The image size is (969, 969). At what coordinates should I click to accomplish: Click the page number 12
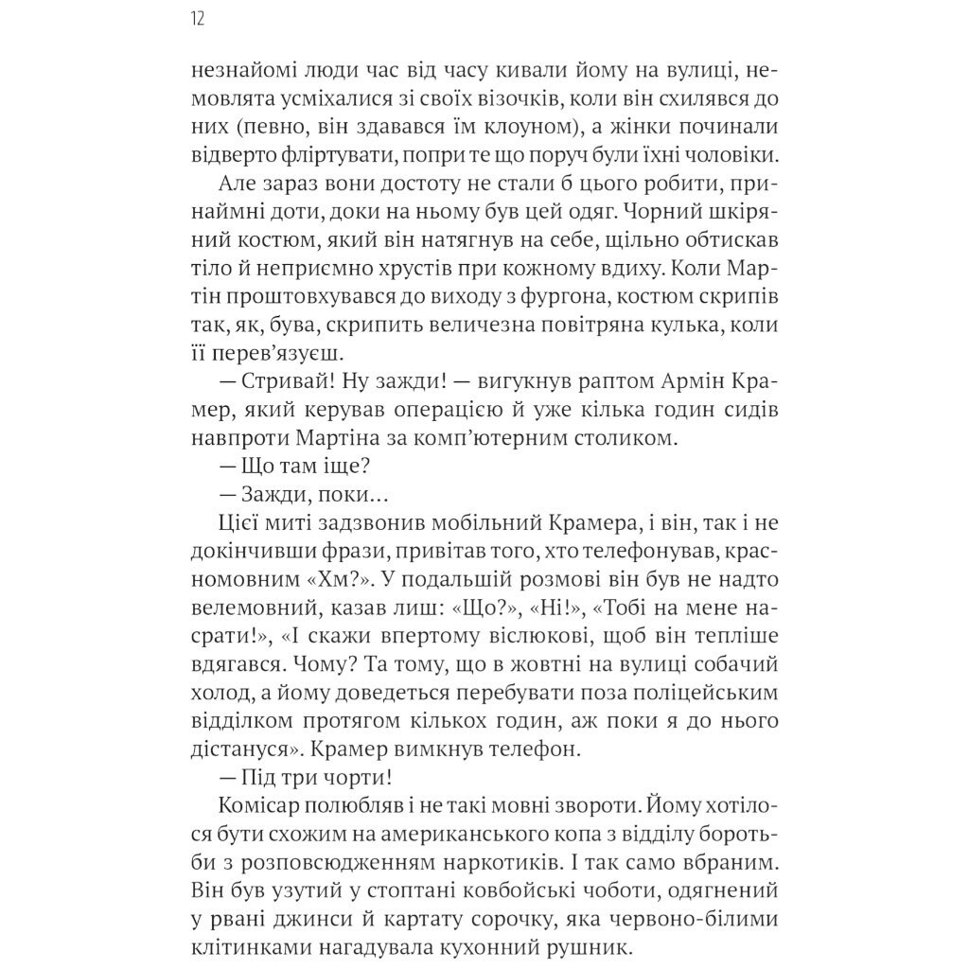(x=198, y=20)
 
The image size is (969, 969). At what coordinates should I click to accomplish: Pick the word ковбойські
(x=542, y=892)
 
